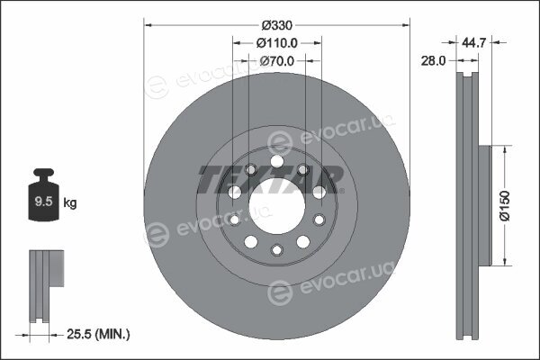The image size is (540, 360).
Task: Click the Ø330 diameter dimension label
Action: [277, 25]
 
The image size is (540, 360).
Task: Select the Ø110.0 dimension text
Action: [277, 43]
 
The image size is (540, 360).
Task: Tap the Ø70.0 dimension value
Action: [277, 61]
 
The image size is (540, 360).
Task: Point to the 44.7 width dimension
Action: [474, 42]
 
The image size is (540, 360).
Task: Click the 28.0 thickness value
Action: [433, 60]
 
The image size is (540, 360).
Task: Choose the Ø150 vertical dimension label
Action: [505, 206]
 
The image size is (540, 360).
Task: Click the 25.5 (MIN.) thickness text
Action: [98, 334]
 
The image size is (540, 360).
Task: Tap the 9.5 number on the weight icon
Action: [43, 202]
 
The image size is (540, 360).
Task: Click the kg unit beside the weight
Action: [70, 202]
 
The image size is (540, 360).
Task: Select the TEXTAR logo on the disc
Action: [271, 179]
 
